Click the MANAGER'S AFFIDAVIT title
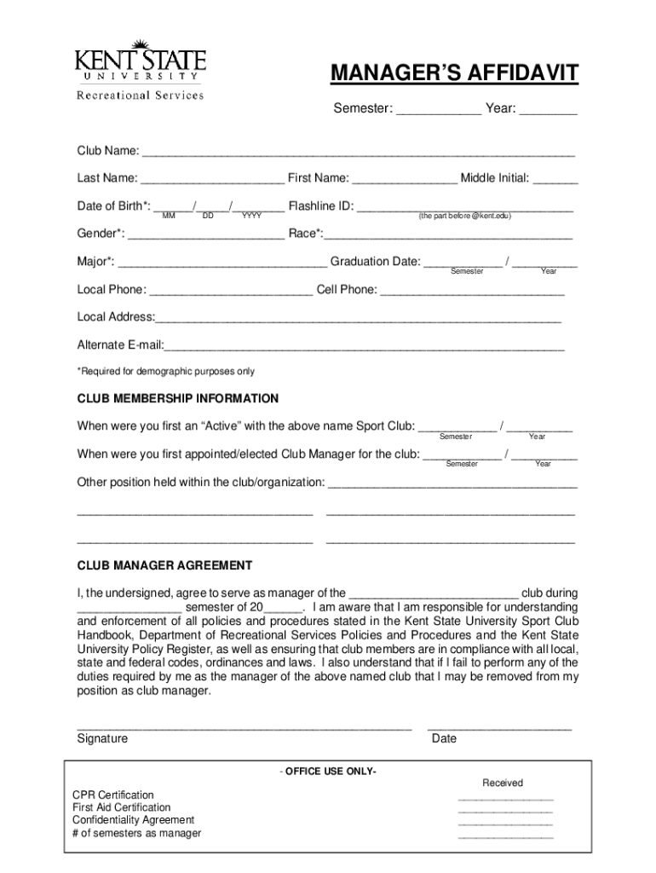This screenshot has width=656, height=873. pos(454,74)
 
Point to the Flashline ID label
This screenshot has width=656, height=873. pos(320,206)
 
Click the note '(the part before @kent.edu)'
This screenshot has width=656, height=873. pos(464,217)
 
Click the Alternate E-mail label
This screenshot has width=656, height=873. pos(120,345)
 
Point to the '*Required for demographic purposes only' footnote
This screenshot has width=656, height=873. pos(166,372)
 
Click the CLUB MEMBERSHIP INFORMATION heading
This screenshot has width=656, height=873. pos(178,399)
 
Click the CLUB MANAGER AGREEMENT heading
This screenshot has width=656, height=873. pos(164,565)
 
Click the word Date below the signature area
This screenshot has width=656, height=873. pos(444,739)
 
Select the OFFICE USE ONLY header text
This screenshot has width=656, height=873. pos(327,772)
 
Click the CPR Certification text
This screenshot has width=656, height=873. pos(113,795)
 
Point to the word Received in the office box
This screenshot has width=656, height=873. pos(503,783)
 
